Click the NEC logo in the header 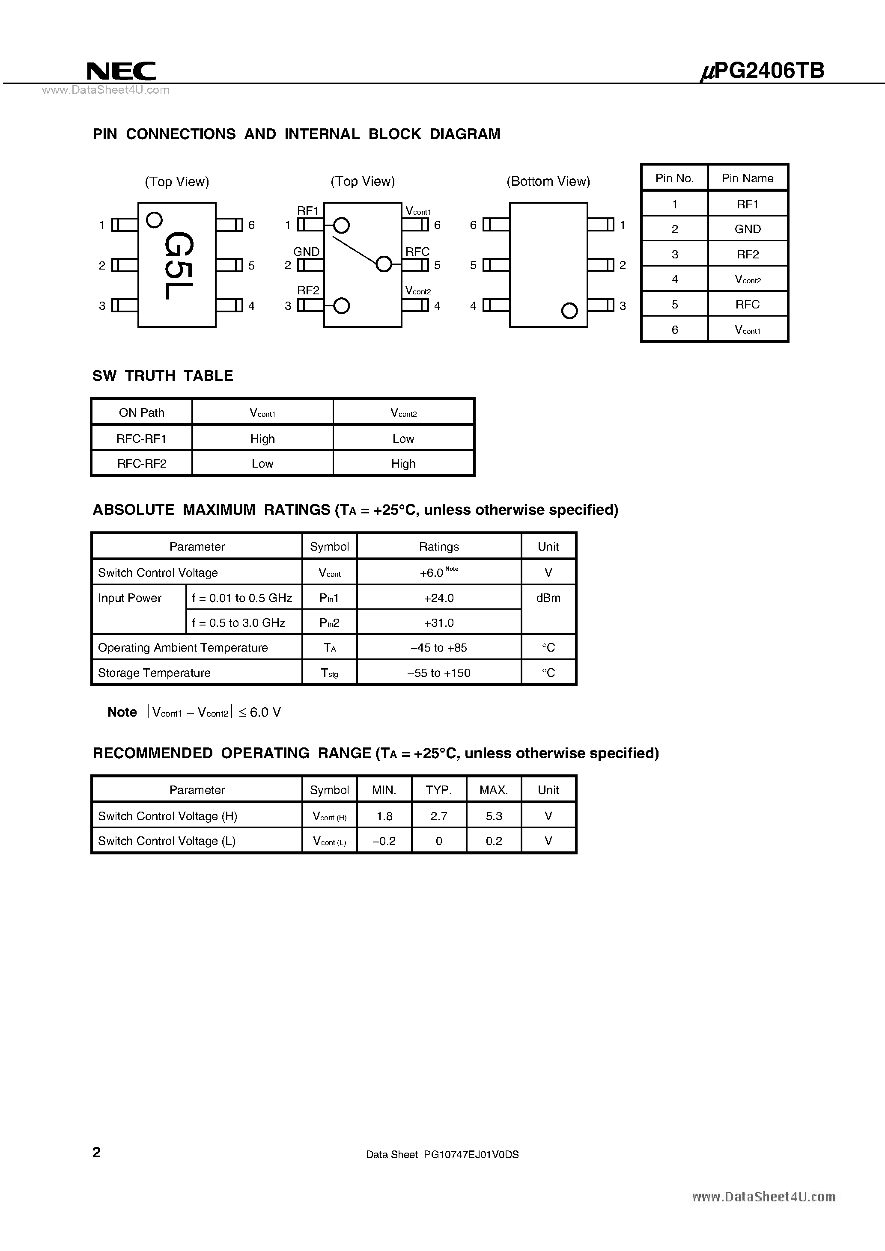tap(121, 71)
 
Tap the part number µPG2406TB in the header tap(762, 71)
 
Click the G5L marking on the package tap(178, 265)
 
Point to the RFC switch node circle tap(384, 264)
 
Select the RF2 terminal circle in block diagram tap(341, 305)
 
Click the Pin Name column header tap(747, 178)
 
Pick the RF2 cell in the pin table tap(747, 255)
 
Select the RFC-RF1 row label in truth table tap(141, 439)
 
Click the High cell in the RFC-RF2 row tap(403, 464)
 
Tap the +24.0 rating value tap(438, 598)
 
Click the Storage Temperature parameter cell tap(154, 673)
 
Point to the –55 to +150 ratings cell tap(438, 673)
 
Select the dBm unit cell tap(548, 598)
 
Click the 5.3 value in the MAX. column tap(494, 816)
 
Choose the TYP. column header tap(438, 790)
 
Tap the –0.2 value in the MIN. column tap(384, 841)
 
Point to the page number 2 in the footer tap(96, 1152)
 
